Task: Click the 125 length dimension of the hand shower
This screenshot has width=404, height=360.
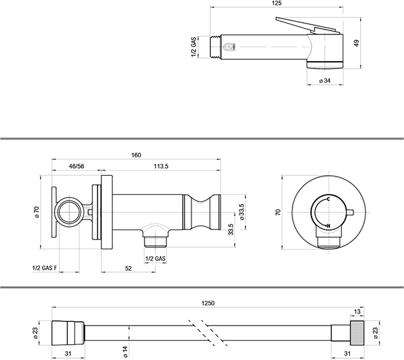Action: tap(277, 4)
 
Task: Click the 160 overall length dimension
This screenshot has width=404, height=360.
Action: tap(136, 155)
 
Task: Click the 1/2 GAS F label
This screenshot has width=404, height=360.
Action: tap(45, 268)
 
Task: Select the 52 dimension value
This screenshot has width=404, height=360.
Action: tap(128, 268)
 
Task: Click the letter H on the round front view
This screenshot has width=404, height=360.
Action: tap(328, 226)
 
